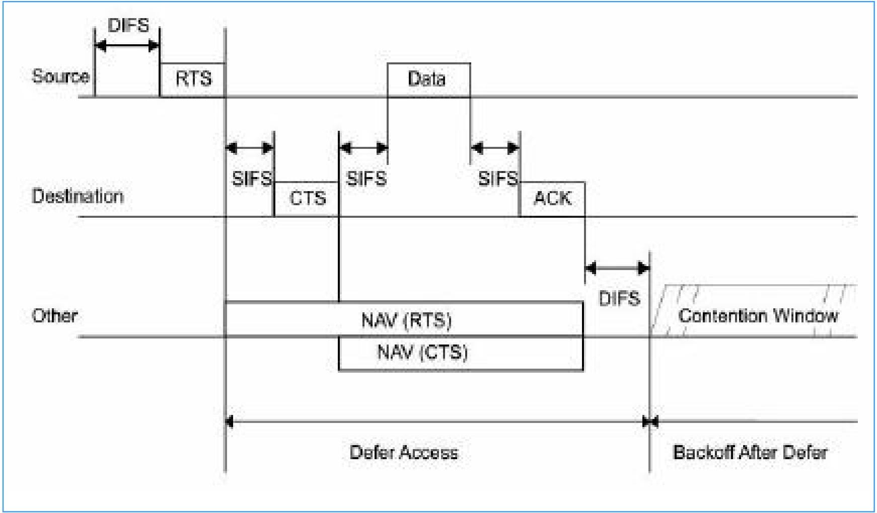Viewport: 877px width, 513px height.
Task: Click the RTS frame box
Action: tap(192, 79)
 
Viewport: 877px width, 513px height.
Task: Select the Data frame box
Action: tap(429, 79)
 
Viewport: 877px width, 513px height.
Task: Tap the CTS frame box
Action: tap(307, 199)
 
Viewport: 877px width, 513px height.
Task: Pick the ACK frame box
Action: tap(552, 199)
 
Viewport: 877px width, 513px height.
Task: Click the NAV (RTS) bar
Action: tap(404, 319)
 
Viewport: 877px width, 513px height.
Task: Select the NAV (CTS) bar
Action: tap(461, 353)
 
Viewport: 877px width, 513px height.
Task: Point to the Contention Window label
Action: tap(758, 316)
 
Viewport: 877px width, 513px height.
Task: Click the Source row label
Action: tap(61, 76)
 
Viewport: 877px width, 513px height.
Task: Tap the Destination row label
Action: tap(78, 196)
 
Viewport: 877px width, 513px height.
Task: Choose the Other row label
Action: tap(55, 316)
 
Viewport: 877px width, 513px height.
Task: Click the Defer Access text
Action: tap(404, 452)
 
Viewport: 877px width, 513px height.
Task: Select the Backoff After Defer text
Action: tap(750, 452)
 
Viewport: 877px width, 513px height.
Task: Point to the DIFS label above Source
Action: tap(128, 25)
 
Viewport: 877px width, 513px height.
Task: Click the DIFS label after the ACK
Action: tap(619, 299)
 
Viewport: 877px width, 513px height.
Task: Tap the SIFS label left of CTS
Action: tap(252, 179)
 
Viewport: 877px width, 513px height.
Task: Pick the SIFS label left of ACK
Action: tap(498, 179)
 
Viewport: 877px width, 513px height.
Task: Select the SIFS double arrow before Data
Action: tap(363, 148)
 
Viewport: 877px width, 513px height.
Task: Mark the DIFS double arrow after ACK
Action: tap(617, 268)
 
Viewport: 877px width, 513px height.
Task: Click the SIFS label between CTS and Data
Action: tap(367, 179)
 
